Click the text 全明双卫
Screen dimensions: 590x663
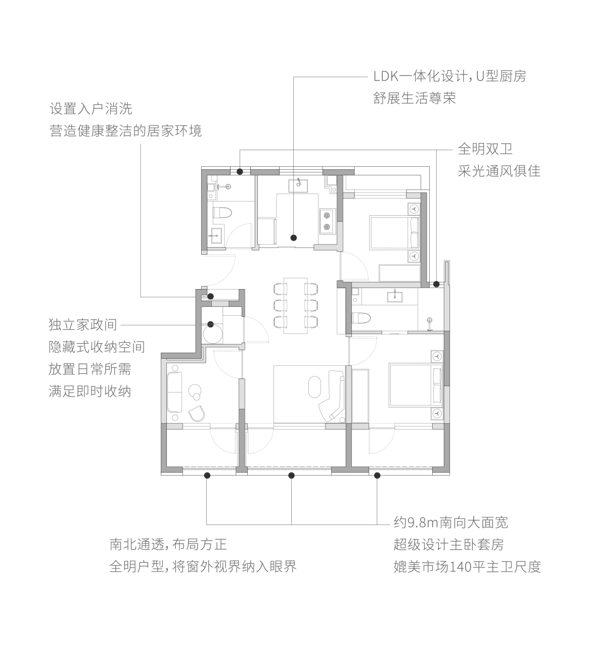click(485, 149)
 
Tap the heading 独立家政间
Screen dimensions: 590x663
click(83, 324)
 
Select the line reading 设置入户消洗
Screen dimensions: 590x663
click(91, 109)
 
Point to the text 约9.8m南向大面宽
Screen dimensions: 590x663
click(451, 523)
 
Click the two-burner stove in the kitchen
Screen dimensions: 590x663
click(327, 221)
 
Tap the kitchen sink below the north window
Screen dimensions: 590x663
click(298, 186)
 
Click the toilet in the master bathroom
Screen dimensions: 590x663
click(361, 318)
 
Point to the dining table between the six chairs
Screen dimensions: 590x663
click(296, 306)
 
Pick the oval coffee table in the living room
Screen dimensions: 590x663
click(314, 387)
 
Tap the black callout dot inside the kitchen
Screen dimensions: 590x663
click(294, 238)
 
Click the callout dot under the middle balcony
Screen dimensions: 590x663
click(291, 476)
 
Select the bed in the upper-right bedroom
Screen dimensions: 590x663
click(394, 232)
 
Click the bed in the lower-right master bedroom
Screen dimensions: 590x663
click(416, 385)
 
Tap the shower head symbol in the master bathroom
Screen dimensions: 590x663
click(430, 320)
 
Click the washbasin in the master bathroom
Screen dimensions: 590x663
click(395, 297)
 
